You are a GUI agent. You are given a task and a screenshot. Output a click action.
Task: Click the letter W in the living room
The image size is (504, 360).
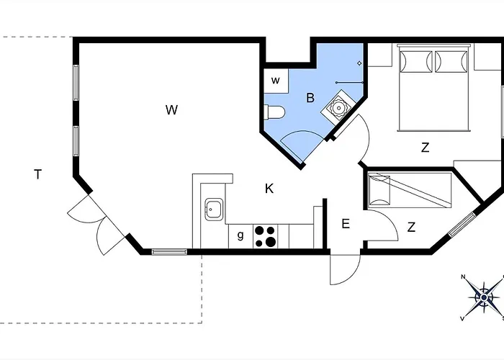click(x=171, y=110)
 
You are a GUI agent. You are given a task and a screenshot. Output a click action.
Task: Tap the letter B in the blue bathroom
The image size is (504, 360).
click(x=310, y=98)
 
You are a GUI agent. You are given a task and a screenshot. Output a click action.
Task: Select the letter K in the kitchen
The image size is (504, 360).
click(x=269, y=189)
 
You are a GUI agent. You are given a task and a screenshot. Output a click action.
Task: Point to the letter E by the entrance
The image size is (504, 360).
click(x=346, y=224)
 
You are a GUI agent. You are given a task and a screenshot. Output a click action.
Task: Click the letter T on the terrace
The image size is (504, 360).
click(x=38, y=174)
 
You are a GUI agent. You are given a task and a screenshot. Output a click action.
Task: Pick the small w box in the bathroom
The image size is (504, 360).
click(x=276, y=81)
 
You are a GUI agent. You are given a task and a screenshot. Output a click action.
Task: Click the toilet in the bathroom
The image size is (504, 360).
click(x=274, y=112)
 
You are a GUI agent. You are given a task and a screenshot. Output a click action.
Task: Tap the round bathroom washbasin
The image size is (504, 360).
click(x=338, y=107)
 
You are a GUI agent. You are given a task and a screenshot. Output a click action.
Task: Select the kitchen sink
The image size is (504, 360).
click(x=214, y=210)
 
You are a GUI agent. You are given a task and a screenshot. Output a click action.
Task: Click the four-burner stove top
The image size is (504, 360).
click(x=266, y=236)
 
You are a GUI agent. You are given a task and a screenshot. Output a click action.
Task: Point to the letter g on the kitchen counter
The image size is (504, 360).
click(x=240, y=235)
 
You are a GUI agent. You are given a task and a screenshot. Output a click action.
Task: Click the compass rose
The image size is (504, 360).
click(x=483, y=297)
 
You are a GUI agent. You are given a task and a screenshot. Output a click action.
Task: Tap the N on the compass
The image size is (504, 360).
click(x=463, y=276)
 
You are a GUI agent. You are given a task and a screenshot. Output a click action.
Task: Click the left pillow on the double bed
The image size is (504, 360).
click(x=416, y=61)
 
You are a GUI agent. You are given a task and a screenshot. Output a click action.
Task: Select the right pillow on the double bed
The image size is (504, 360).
click(x=451, y=61)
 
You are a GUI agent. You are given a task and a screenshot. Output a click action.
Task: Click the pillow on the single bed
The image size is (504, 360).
click(x=379, y=190)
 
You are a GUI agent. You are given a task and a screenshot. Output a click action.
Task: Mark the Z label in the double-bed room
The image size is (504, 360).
click(x=426, y=148)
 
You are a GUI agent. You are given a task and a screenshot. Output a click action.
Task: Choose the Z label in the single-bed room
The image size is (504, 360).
click(x=411, y=228)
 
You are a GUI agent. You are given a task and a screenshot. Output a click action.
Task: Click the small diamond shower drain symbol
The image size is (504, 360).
click(x=359, y=63)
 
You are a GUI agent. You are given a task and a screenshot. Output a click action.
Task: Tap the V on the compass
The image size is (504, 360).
click(x=462, y=318)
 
